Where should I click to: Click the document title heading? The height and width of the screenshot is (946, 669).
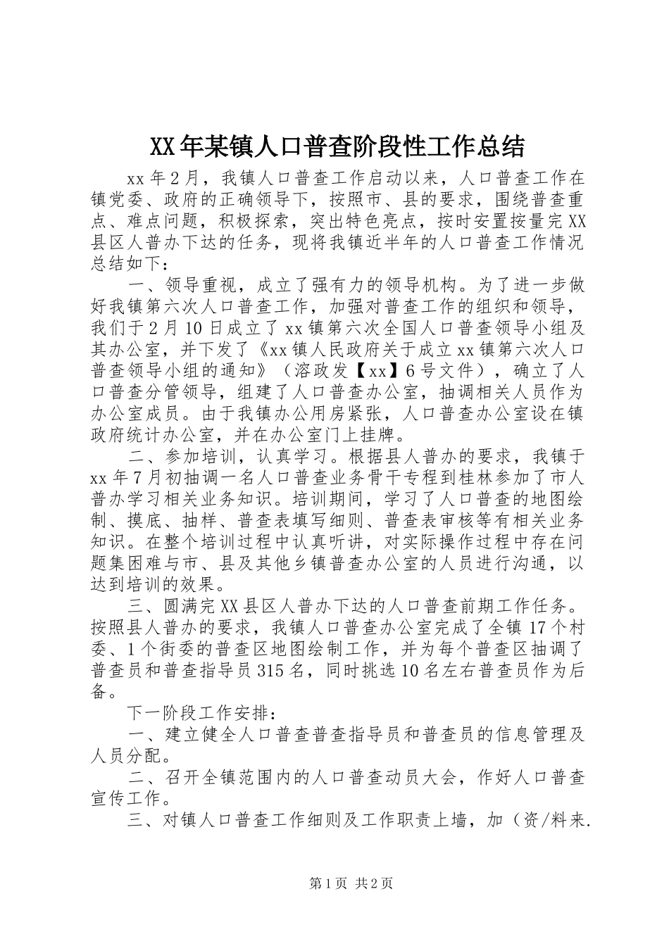point(337,146)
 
